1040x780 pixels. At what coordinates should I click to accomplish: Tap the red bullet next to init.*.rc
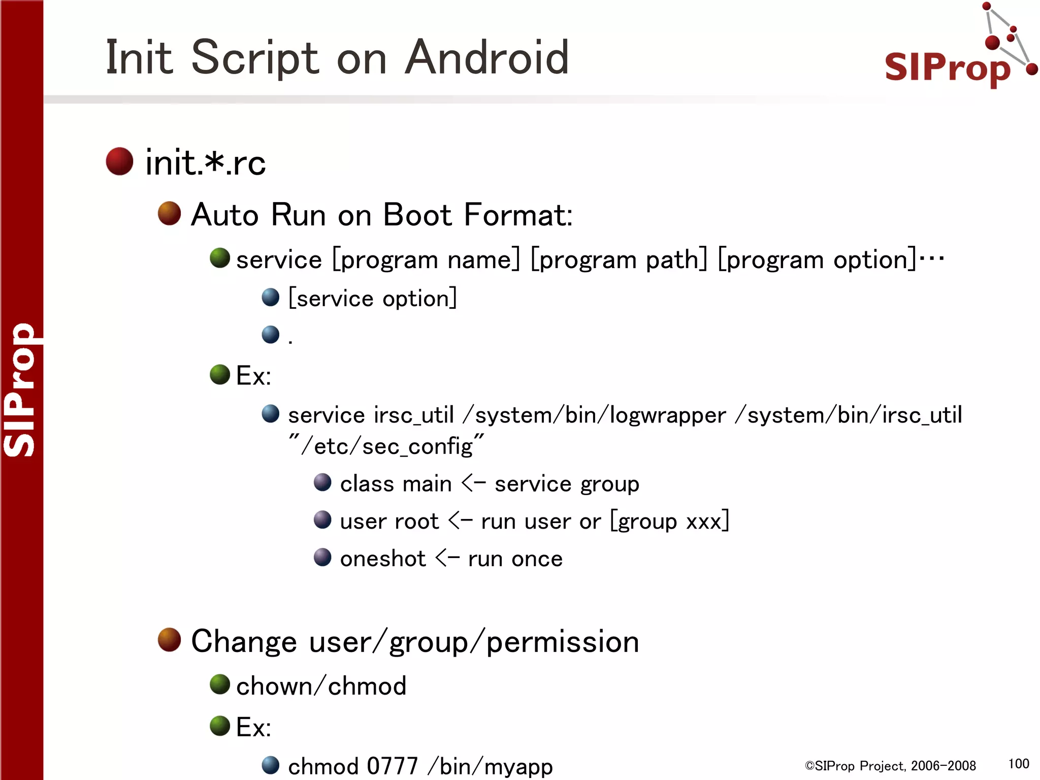(119, 161)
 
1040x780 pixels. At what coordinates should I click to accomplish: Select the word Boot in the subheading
(417, 215)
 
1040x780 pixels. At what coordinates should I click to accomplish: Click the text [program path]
(619, 260)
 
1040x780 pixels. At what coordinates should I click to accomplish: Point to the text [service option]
(372, 298)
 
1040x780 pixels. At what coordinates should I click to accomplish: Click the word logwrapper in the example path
(667, 415)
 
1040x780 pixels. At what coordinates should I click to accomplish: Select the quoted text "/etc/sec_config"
(386, 446)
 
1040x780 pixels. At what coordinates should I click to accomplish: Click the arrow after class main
(473, 483)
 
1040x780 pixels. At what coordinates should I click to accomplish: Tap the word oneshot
(382, 559)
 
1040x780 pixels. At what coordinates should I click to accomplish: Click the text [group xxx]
(669, 521)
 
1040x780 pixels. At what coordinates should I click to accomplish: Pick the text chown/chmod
(321, 686)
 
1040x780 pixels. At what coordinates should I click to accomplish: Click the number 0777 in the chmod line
(392, 766)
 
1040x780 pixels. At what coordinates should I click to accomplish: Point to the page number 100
(1018, 764)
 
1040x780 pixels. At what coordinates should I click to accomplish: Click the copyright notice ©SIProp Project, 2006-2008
(890, 766)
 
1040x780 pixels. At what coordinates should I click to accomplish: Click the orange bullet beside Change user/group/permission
(169, 640)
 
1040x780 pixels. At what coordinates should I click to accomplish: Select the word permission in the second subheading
(562, 642)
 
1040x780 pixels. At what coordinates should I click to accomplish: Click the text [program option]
(817, 260)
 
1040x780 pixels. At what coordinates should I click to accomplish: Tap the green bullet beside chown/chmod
(220, 685)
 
